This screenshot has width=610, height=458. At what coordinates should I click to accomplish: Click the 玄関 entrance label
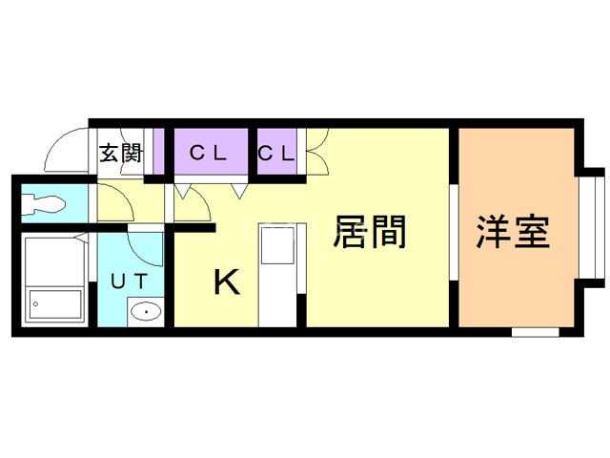[x=121, y=153]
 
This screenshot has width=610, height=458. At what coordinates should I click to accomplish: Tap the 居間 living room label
[x=369, y=232]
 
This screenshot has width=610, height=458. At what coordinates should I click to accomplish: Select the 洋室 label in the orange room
[x=513, y=232]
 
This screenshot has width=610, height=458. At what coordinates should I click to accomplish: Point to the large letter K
[x=227, y=282]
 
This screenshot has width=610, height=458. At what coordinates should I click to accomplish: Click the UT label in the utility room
[x=130, y=281]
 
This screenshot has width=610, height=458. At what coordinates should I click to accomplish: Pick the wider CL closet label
[x=208, y=153]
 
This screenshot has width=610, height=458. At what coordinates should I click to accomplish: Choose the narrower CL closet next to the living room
[x=275, y=153]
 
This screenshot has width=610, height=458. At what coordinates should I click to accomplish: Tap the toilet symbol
[x=43, y=203]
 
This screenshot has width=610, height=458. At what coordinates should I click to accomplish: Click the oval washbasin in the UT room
[x=146, y=312]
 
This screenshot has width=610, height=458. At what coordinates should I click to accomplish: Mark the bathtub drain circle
[x=36, y=304]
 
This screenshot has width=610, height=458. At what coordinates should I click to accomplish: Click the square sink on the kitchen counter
[x=277, y=245]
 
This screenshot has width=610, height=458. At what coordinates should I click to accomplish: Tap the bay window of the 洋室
[x=591, y=228]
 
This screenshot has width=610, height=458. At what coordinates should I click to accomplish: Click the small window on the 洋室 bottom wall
[x=536, y=332]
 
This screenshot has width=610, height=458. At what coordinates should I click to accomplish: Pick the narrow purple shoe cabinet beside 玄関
[x=158, y=152]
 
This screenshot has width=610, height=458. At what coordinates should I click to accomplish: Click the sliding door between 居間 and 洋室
[x=454, y=232]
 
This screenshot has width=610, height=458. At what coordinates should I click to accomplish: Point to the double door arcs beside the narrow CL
[x=318, y=152]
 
